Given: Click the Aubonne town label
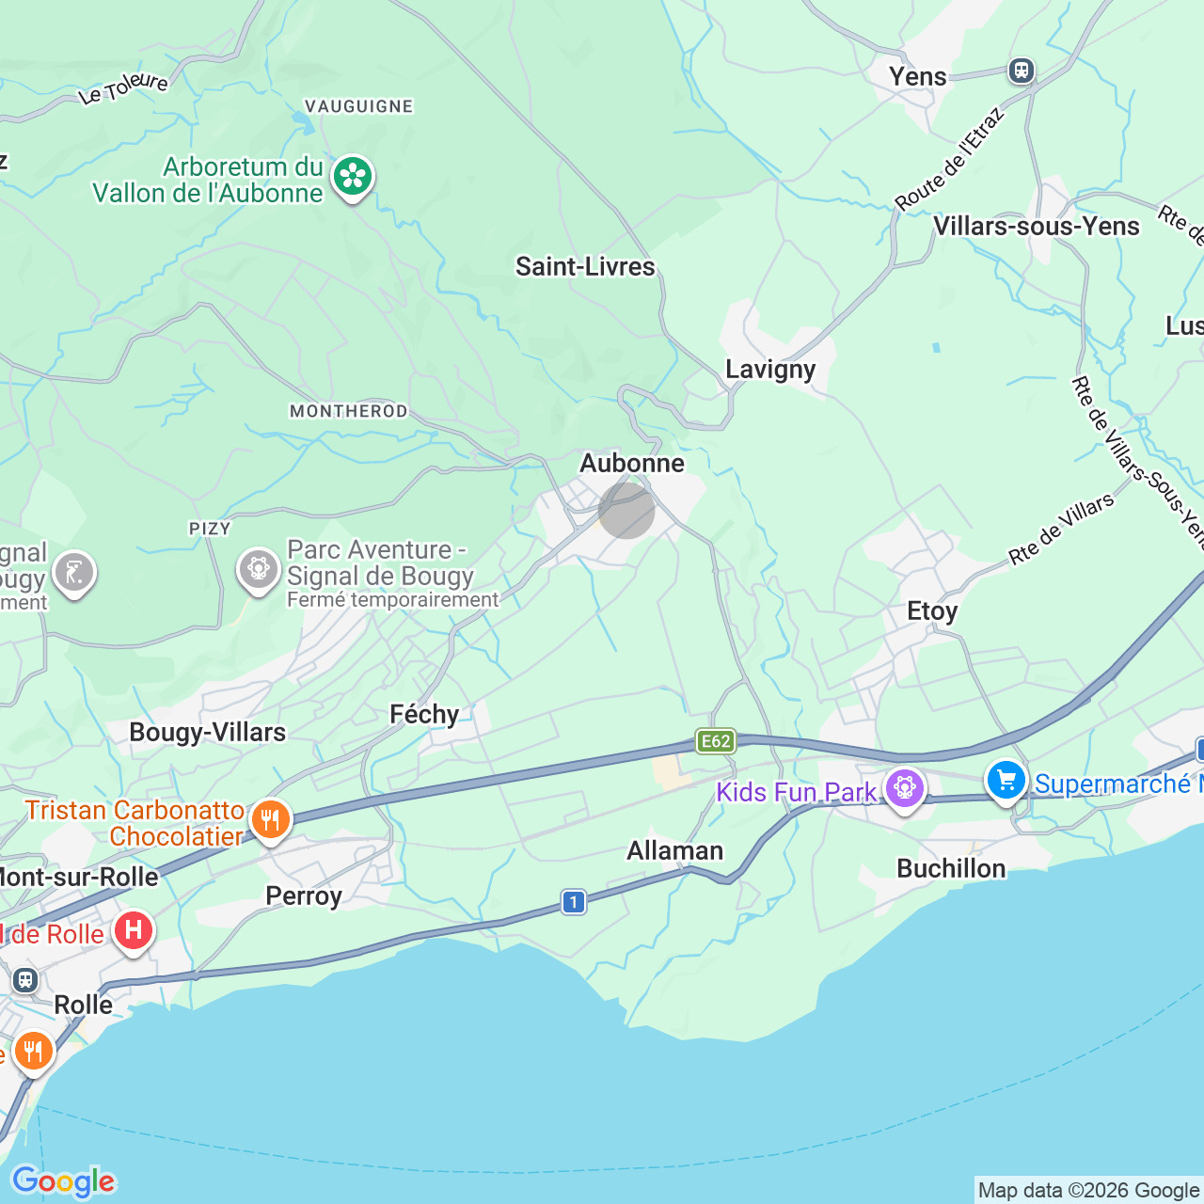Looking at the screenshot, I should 632,463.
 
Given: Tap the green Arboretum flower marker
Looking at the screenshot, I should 353,177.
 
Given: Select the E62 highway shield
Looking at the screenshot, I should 716,741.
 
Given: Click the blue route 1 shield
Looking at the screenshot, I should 574,902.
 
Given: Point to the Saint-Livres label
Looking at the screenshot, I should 585,266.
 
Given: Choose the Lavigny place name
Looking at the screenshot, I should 770,369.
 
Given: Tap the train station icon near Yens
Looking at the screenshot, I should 1021,71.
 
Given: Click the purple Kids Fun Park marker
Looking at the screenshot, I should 905,788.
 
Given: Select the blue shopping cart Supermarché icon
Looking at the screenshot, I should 1006,780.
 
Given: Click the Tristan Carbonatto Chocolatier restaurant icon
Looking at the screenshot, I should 270,819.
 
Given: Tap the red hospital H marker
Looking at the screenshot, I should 134,931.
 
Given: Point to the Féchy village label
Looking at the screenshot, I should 425,715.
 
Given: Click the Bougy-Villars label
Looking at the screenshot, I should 208,732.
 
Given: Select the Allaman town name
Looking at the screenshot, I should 675,850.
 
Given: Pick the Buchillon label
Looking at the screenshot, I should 951,868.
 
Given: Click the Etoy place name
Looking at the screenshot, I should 932,611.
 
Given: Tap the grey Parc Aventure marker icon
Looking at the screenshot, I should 258,569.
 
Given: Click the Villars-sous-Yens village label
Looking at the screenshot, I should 1037,226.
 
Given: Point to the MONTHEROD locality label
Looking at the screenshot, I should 349,411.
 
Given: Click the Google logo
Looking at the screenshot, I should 63,1181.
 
